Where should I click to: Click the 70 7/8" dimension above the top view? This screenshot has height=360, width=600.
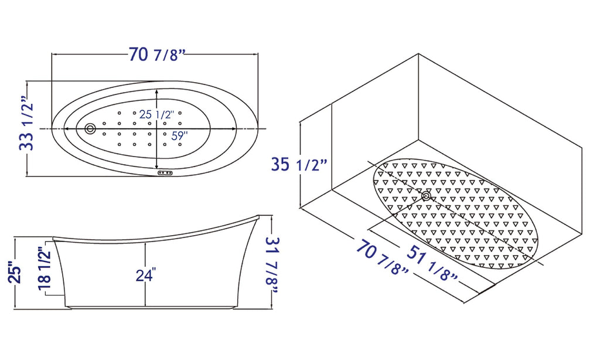(156, 55)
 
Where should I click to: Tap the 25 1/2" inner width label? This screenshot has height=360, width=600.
(155, 115)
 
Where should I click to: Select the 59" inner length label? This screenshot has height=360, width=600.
(176, 135)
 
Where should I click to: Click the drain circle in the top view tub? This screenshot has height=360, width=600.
(90, 128)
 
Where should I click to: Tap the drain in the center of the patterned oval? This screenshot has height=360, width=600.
(426, 196)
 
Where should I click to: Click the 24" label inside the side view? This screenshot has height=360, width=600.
(145, 274)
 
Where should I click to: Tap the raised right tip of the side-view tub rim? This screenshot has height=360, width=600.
(258, 217)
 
